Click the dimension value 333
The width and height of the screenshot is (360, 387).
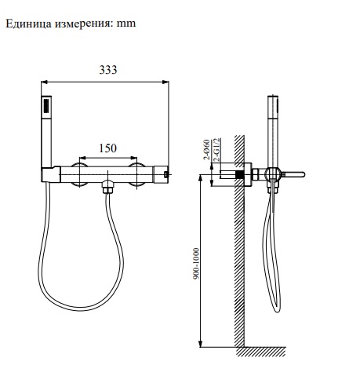pyautogui.click(x=107, y=70)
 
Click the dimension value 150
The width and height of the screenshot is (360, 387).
pyautogui.click(x=108, y=148)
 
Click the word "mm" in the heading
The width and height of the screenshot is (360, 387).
pyautogui.click(x=126, y=24)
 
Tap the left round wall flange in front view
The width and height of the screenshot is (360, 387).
pyautogui.click(x=79, y=173)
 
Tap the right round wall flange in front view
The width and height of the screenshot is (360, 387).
pyautogui.click(x=138, y=173)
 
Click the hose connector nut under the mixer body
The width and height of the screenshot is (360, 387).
pyautogui.click(x=109, y=188)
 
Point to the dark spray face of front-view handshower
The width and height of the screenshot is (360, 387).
pyautogui.click(x=46, y=106)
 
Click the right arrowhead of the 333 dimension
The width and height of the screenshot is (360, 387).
pyautogui.click(x=168, y=80)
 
